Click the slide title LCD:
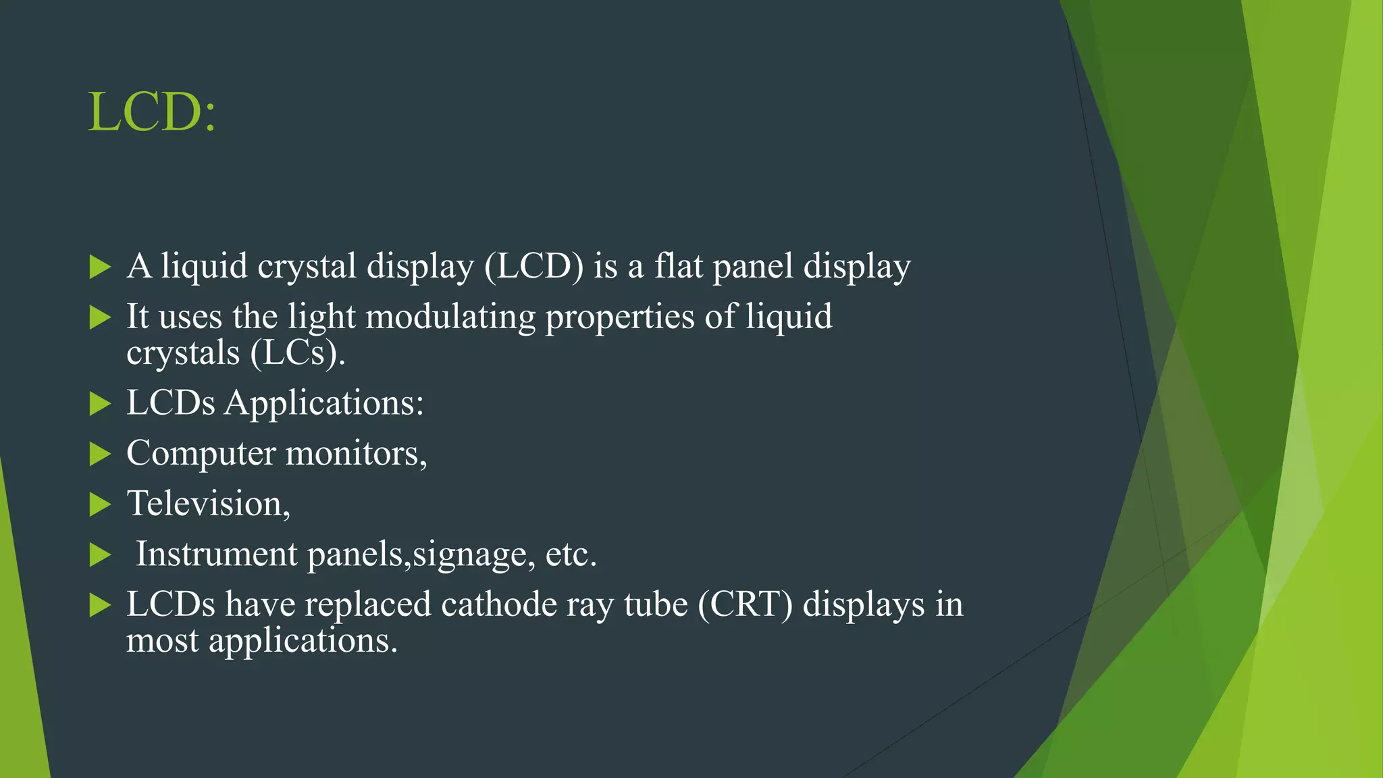click(152, 112)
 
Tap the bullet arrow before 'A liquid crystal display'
click(100, 267)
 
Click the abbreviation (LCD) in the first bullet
click(533, 266)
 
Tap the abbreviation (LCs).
click(297, 353)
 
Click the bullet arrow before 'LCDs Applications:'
click(100, 404)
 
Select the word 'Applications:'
click(324, 404)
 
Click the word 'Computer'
click(201, 454)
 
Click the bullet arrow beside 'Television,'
click(100, 504)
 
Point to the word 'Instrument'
click(216, 554)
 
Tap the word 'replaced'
click(368, 604)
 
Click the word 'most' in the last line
click(162, 640)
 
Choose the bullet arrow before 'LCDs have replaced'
click(100, 605)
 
